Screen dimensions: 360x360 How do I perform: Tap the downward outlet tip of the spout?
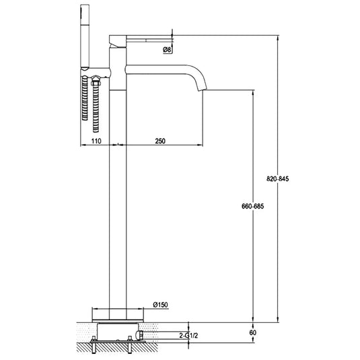[203, 87]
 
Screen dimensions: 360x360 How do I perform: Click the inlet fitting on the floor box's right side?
[139, 332]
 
